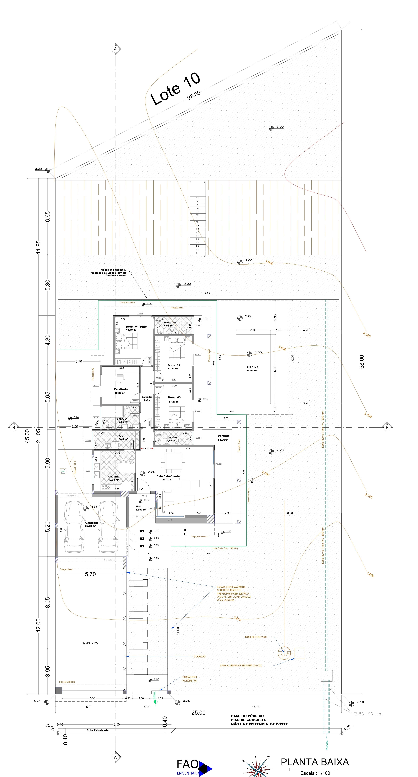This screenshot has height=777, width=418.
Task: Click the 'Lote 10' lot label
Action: pos(175,89)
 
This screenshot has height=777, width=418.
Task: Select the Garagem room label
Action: pos(91,523)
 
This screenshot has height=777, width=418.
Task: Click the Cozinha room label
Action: pos(114,477)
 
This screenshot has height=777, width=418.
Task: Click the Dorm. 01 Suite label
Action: pos(136,327)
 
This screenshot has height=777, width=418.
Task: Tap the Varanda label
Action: pos(223,436)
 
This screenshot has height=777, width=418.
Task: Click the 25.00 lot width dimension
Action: pos(198,713)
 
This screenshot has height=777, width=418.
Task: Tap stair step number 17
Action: pos(197,198)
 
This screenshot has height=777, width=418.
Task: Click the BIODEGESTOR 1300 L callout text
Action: pos(256,637)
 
